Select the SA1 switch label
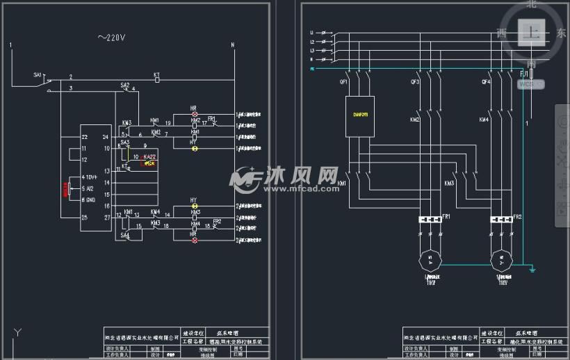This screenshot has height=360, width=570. [38, 74]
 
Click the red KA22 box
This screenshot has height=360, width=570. [149, 163]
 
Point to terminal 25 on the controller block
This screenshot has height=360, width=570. [84, 218]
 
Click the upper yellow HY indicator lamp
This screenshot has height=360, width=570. [195, 206]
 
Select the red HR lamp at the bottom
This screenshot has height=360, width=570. [195, 240]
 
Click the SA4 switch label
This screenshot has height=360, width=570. [125, 236]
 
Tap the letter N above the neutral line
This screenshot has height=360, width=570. [233, 46]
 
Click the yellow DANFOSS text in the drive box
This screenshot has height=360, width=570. [360, 114]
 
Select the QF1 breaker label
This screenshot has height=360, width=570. [343, 81]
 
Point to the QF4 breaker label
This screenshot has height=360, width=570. [486, 81]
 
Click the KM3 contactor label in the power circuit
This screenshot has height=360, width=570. [449, 183]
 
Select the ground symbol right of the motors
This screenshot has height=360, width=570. [532, 268]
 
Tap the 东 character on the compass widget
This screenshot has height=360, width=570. [561, 33]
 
